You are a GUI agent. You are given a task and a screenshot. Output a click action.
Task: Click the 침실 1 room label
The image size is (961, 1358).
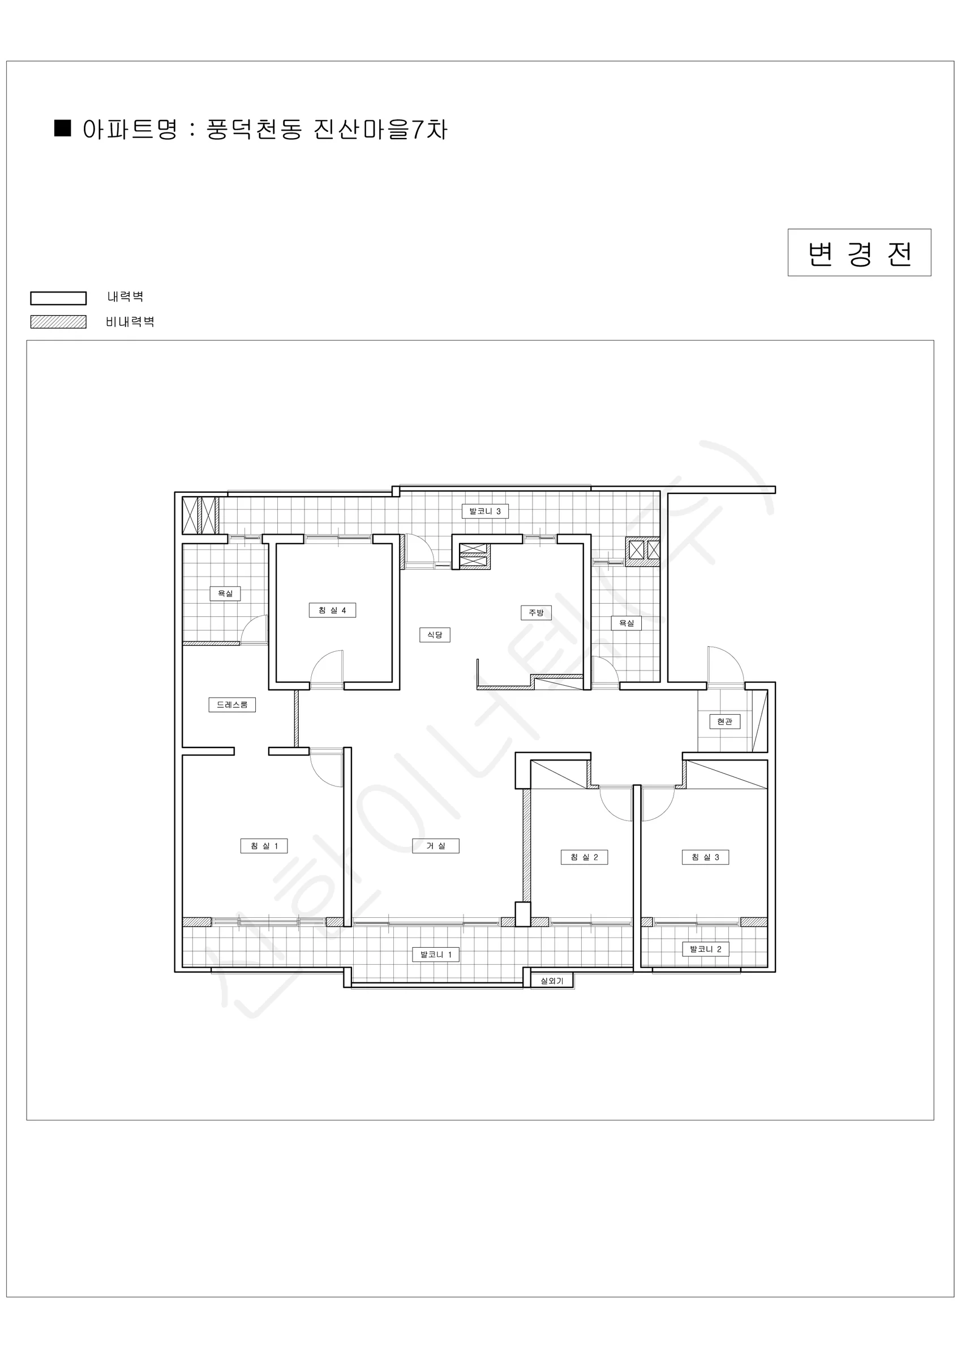pos(264,846)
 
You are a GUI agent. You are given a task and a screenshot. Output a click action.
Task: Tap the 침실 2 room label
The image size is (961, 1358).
pos(584,857)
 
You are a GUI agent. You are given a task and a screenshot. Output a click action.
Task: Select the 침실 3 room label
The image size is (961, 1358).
pos(705,857)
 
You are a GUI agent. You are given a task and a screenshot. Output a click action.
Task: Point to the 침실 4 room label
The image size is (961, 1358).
pos(333,610)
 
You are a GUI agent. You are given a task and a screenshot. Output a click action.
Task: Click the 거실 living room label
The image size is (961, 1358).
pos(436,846)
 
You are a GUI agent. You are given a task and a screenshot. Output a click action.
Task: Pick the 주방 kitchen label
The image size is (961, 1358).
pos(536,612)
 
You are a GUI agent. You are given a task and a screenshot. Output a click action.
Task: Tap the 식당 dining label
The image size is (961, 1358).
pos(435,635)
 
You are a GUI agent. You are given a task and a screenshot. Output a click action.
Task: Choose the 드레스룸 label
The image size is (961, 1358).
pos(232,704)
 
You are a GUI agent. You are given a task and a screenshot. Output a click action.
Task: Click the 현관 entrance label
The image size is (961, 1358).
pos(725,721)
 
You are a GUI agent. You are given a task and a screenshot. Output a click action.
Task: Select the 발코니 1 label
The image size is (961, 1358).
pos(436,954)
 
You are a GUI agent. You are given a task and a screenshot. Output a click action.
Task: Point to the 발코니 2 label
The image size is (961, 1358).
pos(705,949)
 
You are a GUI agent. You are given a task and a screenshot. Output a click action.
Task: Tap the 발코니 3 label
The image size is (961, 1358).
pos(484,511)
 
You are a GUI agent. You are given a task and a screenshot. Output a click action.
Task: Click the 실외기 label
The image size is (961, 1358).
pos(552,981)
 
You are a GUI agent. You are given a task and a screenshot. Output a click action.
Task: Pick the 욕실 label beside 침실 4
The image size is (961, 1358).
pos(225,593)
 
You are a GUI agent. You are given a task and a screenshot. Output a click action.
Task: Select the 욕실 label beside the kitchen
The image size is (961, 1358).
pos(626,623)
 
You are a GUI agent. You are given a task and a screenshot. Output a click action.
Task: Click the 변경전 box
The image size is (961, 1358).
pos(859,252)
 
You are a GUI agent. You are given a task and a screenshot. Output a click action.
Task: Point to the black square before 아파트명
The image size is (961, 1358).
pos(63,128)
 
